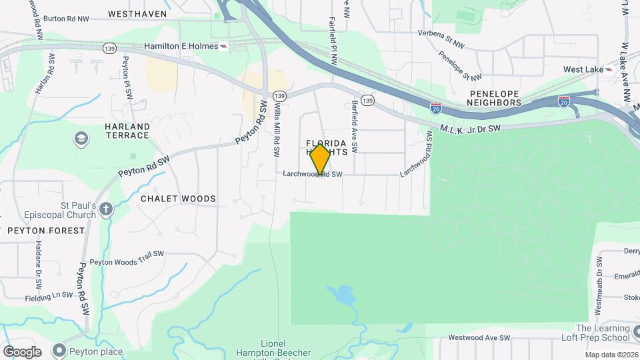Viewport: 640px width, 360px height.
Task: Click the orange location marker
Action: (x=321, y=159)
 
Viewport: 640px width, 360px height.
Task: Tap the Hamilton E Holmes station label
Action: (x=181, y=46)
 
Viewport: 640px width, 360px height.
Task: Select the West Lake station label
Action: (x=583, y=69)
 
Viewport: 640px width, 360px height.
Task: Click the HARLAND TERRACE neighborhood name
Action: (x=127, y=131)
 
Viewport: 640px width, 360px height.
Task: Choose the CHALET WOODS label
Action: (x=178, y=199)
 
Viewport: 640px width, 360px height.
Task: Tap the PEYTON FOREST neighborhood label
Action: (x=47, y=231)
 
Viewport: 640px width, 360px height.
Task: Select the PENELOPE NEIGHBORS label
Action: (x=493, y=99)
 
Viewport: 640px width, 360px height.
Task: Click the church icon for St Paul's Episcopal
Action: (x=106, y=211)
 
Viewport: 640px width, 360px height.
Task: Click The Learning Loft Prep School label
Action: (x=603, y=333)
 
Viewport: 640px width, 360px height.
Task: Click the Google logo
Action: (x=22, y=351)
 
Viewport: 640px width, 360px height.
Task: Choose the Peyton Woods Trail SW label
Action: (x=127, y=253)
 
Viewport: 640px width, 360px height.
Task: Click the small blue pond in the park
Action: (x=341, y=293)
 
